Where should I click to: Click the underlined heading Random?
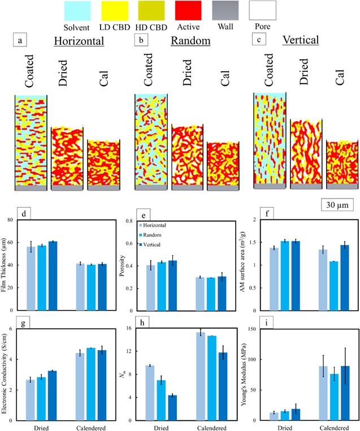point(191,41)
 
